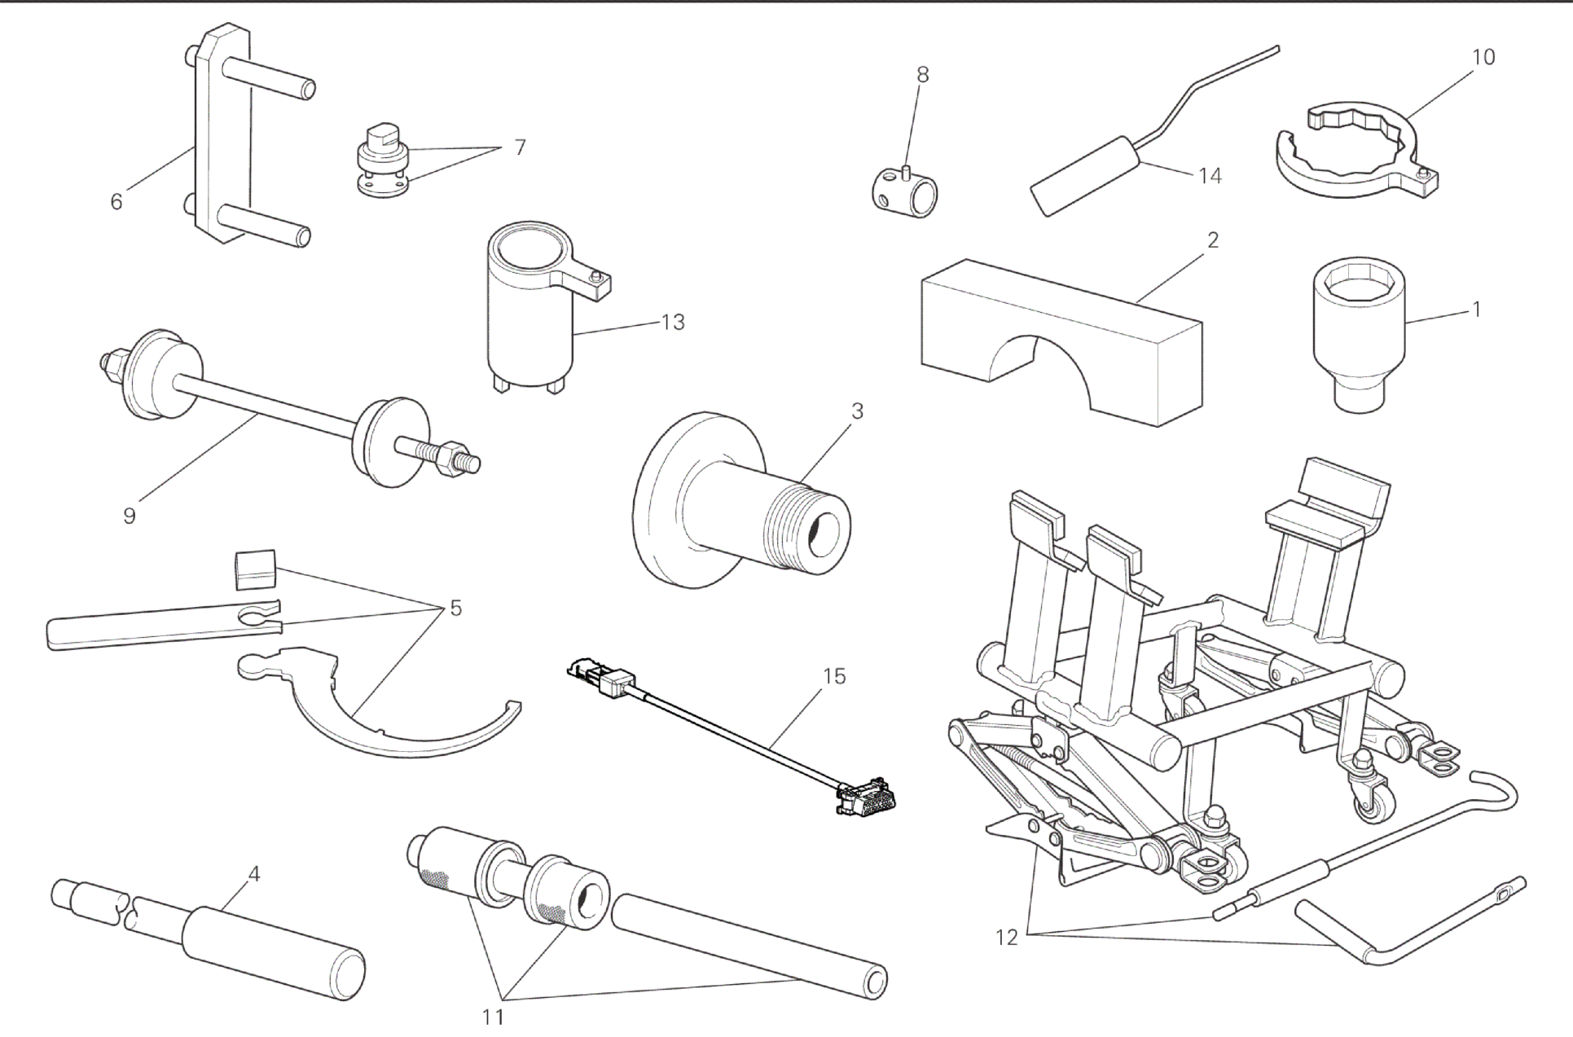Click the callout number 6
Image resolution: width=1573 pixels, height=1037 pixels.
116,201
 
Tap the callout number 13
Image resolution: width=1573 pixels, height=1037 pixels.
673,322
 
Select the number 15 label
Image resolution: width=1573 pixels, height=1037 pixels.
834,676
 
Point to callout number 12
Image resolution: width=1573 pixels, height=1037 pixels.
1007,938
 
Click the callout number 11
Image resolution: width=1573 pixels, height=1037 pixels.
493,1017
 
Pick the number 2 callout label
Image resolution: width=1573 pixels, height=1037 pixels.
1213,240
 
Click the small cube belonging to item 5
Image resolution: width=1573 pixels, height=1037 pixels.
255,569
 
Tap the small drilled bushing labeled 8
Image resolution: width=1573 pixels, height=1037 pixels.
902,190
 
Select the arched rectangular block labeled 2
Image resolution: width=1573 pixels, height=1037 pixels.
1061,342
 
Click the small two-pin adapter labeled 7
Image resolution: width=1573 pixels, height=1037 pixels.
383,160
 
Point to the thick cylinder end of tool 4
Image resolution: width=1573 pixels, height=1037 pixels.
274,954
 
